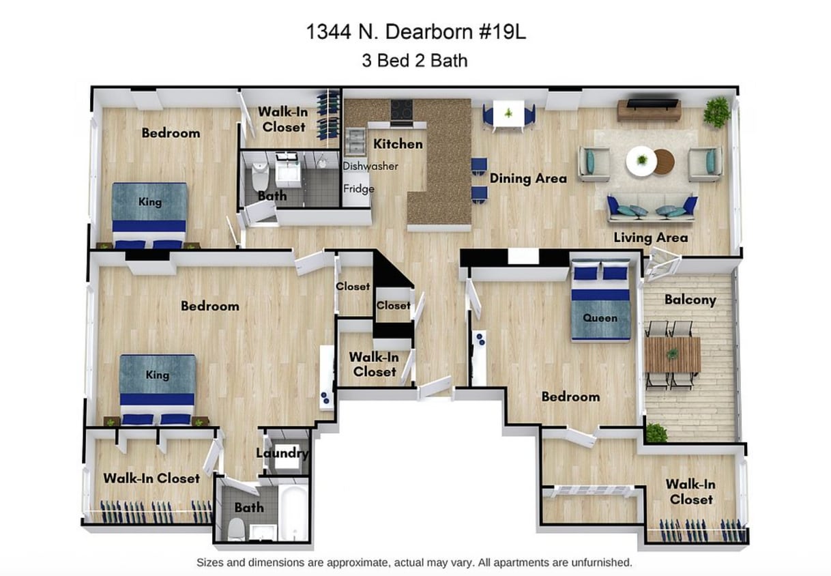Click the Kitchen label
[x=398, y=144]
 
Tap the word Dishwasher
[x=370, y=166]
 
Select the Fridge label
[x=358, y=188]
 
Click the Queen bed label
[x=600, y=318]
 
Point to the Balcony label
[x=690, y=300]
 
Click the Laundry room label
[x=282, y=453]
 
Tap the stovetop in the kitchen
[x=401, y=110]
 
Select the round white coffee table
[x=641, y=161]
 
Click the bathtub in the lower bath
[x=295, y=514]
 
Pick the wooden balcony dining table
[x=672, y=354]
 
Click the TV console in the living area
[x=649, y=109]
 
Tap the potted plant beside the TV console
[x=717, y=111]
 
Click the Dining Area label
[x=528, y=179]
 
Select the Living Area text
[x=650, y=237]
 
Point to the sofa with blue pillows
[x=652, y=208]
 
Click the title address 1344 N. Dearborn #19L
[x=415, y=33]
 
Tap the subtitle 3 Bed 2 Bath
[x=415, y=60]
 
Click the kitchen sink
[x=355, y=141]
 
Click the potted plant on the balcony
[x=656, y=433]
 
